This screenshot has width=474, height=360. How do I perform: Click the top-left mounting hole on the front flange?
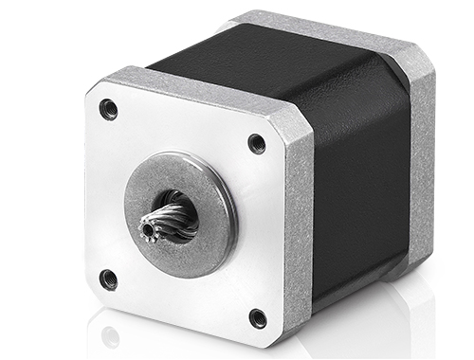click(109, 109)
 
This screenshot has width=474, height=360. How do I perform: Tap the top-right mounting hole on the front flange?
click(256, 143)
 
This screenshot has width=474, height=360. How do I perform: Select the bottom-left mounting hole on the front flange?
click(108, 279)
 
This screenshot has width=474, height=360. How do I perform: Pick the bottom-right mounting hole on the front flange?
click(257, 317)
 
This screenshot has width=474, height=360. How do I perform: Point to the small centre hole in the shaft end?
click(148, 228)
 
